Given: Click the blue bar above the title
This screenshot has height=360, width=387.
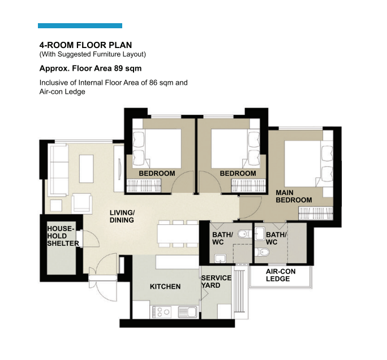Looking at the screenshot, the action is point(80,25).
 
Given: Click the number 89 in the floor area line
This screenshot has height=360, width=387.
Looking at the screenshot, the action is point(118,68).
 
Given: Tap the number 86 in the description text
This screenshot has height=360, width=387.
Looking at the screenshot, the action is point(153,83).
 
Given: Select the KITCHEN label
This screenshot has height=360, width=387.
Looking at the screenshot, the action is point(165,287).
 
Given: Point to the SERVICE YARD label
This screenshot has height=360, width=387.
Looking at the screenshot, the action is point(216,281).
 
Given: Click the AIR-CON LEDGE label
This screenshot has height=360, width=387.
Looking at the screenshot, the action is point(281,275).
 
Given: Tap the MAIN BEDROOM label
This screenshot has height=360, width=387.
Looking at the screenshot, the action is point(294,196).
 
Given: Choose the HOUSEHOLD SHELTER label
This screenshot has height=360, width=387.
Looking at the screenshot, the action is point(63,236).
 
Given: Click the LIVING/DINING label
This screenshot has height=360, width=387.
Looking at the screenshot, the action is point(122,216).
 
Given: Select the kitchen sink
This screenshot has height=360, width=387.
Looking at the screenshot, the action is point(188,312).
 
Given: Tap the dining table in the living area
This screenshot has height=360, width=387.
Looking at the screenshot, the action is point(178,233).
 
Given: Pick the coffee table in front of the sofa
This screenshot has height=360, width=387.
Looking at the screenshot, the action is point(87,168).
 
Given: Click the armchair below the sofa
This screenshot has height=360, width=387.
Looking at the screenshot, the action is point(81,203).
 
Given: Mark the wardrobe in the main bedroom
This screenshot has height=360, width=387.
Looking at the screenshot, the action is point(316,213).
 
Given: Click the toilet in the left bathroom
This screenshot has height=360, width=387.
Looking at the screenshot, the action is point(244,234).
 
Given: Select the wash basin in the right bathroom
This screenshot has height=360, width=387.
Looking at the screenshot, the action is point(260,233).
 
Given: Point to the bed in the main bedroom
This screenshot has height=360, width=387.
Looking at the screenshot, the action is point(309,163).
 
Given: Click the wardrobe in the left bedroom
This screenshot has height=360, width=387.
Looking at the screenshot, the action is point(144,185).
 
